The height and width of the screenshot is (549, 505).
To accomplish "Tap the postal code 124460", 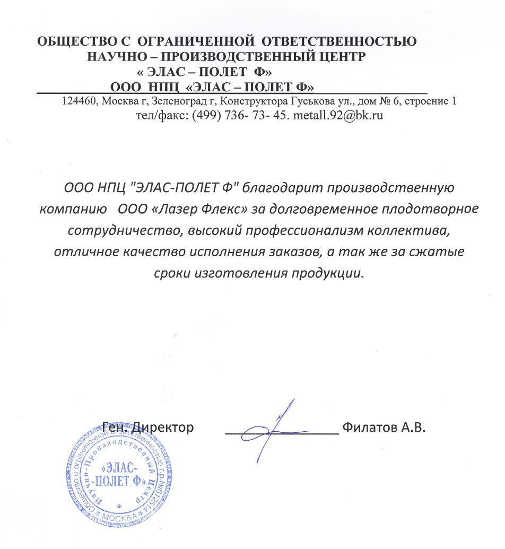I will pos(79,101).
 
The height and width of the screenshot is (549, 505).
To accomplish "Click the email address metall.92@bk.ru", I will pos(338,114).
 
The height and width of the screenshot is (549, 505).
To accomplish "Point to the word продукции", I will pos(325,273).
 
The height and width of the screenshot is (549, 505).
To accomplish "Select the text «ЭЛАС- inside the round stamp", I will pos(119,468).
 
